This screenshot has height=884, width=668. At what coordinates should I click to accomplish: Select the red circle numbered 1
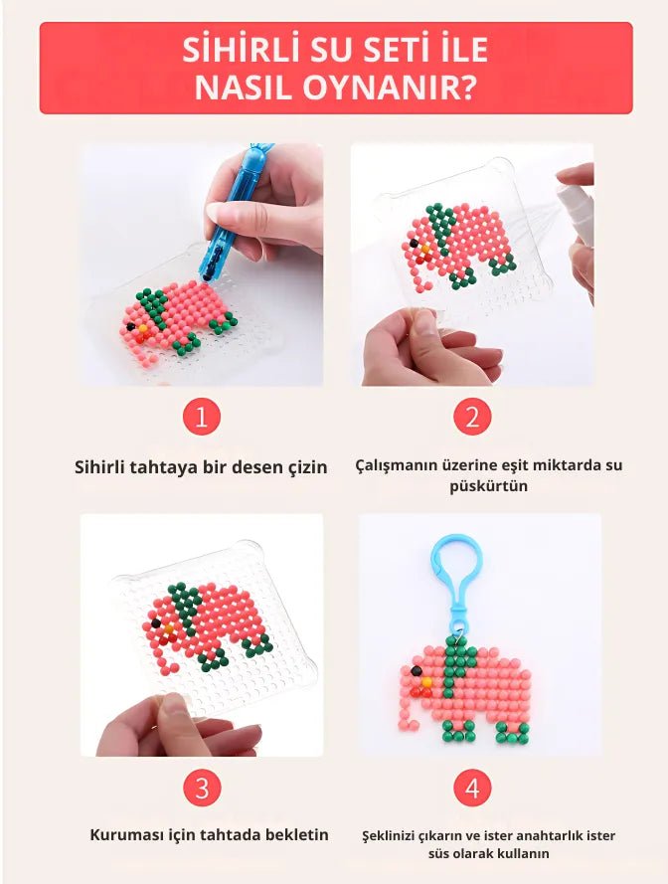201,418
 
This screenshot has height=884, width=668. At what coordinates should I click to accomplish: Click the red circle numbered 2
472,418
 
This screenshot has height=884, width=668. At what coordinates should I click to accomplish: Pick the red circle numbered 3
201,788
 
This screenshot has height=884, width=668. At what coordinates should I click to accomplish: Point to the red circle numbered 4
472,788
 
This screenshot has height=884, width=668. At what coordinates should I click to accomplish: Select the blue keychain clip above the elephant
457,581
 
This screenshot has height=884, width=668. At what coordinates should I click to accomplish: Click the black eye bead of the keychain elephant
417,670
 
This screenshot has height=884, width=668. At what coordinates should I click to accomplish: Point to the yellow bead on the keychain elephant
426,682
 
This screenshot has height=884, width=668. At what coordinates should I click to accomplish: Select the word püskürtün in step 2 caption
488,486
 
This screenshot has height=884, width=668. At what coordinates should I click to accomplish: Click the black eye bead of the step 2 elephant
415,244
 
